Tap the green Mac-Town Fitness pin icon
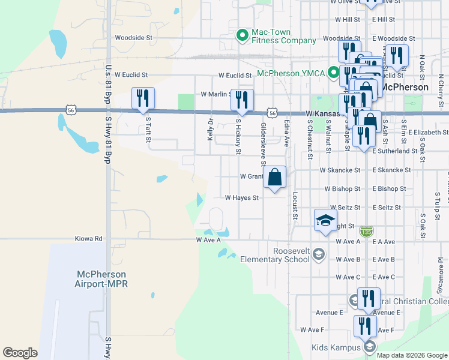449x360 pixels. (x=243, y=35)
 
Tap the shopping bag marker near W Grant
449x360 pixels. (x=274, y=177)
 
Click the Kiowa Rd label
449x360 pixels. (x=89, y=238)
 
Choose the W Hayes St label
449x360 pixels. (x=242, y=197)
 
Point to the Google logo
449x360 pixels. (x=20, y=353)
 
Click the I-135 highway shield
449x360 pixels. (x=366, y=231)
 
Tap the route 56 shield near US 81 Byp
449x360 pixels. (x=71, y=110)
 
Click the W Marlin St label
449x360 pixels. (x=216, y=94)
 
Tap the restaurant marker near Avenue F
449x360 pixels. (x=365, y=326)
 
